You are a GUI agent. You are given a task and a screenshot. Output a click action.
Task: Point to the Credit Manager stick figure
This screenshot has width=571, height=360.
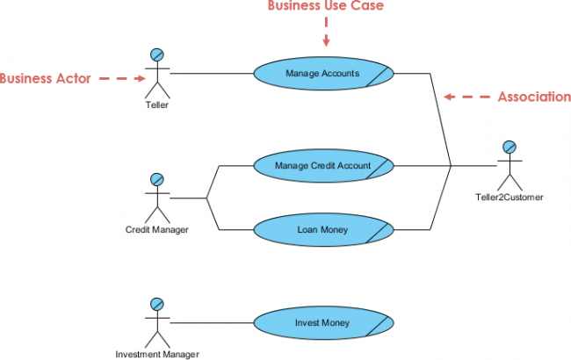point(156,198)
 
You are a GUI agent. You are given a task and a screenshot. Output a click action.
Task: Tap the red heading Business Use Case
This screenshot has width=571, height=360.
point(326,7)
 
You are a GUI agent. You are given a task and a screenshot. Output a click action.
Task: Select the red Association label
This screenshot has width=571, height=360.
point(534,97)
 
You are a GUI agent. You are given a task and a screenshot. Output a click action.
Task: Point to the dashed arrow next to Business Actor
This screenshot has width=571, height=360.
point(119,78)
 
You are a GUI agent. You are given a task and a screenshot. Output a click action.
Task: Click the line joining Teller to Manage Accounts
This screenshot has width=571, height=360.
point(211,74)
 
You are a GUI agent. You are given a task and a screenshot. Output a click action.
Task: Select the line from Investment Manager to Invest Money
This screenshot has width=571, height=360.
point(211,323)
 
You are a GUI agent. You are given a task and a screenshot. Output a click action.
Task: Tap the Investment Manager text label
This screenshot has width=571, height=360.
point(157,354)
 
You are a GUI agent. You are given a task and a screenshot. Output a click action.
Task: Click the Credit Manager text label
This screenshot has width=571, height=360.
point(157,230)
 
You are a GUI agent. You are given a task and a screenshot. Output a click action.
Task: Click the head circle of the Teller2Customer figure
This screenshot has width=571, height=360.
point(508,148)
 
